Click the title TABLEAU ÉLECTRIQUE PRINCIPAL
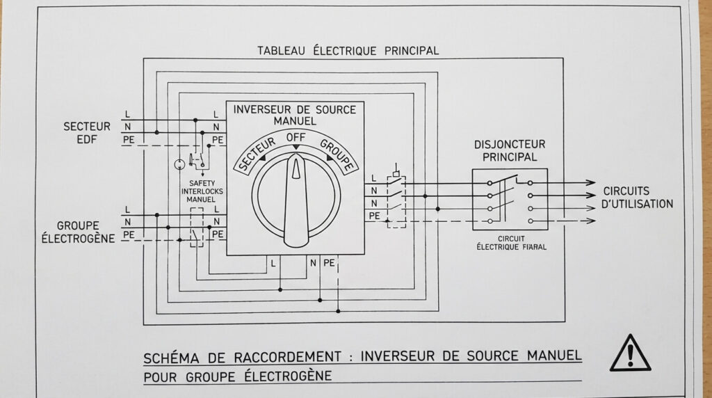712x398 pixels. (348, 51)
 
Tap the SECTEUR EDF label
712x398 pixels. (87, 132)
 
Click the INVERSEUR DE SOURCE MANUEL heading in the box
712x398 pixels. (295, 115)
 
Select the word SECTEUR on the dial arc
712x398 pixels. (254, 153)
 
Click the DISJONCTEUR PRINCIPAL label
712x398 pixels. (510, 150)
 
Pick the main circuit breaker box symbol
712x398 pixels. (510, 199)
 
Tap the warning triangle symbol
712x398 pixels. (630, 353)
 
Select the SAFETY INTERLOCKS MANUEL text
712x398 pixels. (202, 191)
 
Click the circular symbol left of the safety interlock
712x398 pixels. (179, 164)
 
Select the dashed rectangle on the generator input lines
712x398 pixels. (197, 226)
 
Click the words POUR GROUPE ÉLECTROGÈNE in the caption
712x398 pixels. (238, 376)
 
